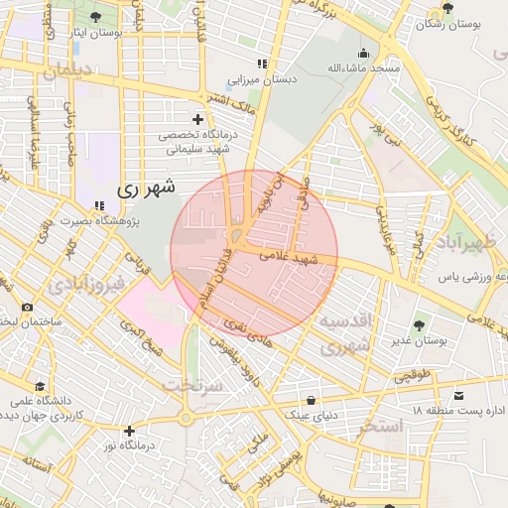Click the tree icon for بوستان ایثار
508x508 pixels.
(x=95, y=18)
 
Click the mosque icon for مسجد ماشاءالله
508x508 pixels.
(x=364, y=53)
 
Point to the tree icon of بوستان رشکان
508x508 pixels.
(x=448, y=9)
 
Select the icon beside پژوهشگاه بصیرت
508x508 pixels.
(x=98, y=205)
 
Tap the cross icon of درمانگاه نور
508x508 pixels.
(x=129, y=431)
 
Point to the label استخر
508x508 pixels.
(x=380, y=427)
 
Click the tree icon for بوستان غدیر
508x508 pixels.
(x=421, y=324)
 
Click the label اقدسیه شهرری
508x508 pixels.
(x=344, y=334)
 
